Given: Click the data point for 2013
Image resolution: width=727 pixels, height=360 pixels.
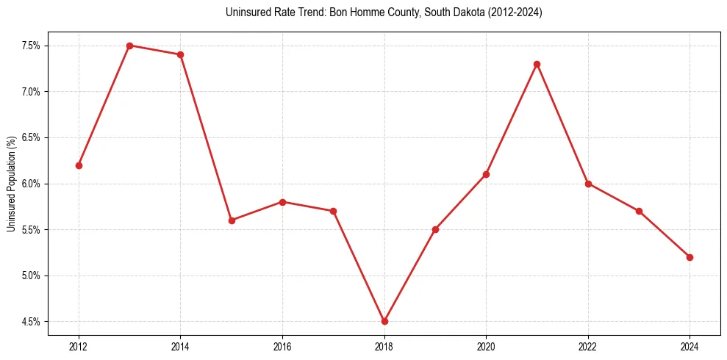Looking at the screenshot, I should (129, 46).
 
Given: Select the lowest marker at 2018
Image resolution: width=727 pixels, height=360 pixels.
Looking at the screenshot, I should (384, 321).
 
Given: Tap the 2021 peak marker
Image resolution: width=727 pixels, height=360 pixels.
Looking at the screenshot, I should (537, 64).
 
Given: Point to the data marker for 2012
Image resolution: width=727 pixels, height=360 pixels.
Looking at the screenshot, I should (79, 165).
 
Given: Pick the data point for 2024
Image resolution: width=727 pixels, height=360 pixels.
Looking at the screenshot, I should (690, 257).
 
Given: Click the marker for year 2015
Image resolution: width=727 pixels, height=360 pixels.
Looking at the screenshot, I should (232, 220).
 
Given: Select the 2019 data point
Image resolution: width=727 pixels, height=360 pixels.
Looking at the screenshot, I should (435, 229).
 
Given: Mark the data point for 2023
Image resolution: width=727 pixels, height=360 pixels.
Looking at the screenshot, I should (639, 211).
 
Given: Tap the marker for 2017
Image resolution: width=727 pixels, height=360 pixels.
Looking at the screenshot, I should (333, 211).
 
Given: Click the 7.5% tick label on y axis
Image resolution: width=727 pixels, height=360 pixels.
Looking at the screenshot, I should (30, 46).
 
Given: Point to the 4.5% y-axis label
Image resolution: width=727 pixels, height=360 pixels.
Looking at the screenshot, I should (30, 322).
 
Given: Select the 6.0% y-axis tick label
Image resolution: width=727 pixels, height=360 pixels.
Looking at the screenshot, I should (30, 184).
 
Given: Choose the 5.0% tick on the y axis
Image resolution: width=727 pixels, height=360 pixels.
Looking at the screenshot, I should (30, 276).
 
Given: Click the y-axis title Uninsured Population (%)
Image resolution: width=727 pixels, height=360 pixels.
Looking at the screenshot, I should (11, 184).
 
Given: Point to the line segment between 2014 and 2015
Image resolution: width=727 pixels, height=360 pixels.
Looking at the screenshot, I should (206, 137).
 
